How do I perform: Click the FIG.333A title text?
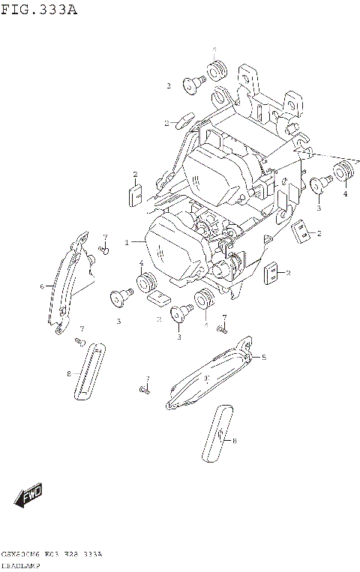[x=39, y=10]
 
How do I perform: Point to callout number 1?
[x=127, y=242]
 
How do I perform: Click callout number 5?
[x=264, y=358]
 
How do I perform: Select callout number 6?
[x=43, y=286]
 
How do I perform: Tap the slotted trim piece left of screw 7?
[x=89, y=373]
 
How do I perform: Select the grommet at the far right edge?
[x=343, y=171]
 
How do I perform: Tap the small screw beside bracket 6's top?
[x=103, y=249]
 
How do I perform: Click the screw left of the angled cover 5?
[x=143, y=390]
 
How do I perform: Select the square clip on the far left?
[x=136, y=195]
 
